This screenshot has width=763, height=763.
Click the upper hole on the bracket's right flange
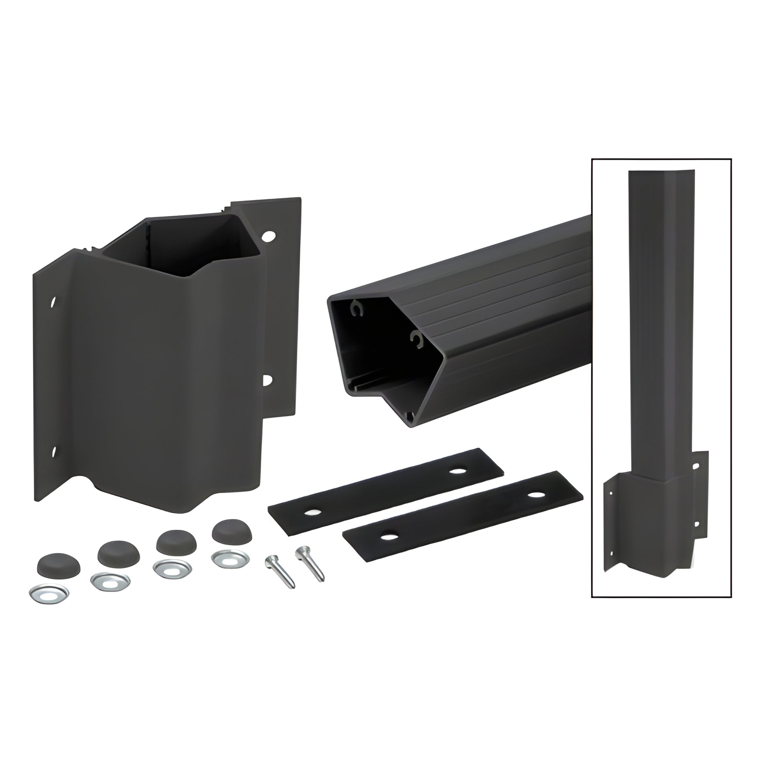tap(269, 236)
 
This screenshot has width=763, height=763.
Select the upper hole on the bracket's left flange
tap(53, 303)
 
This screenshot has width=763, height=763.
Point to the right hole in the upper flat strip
tap(458, 471)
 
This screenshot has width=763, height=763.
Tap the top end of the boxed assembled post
tap(659, 174)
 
